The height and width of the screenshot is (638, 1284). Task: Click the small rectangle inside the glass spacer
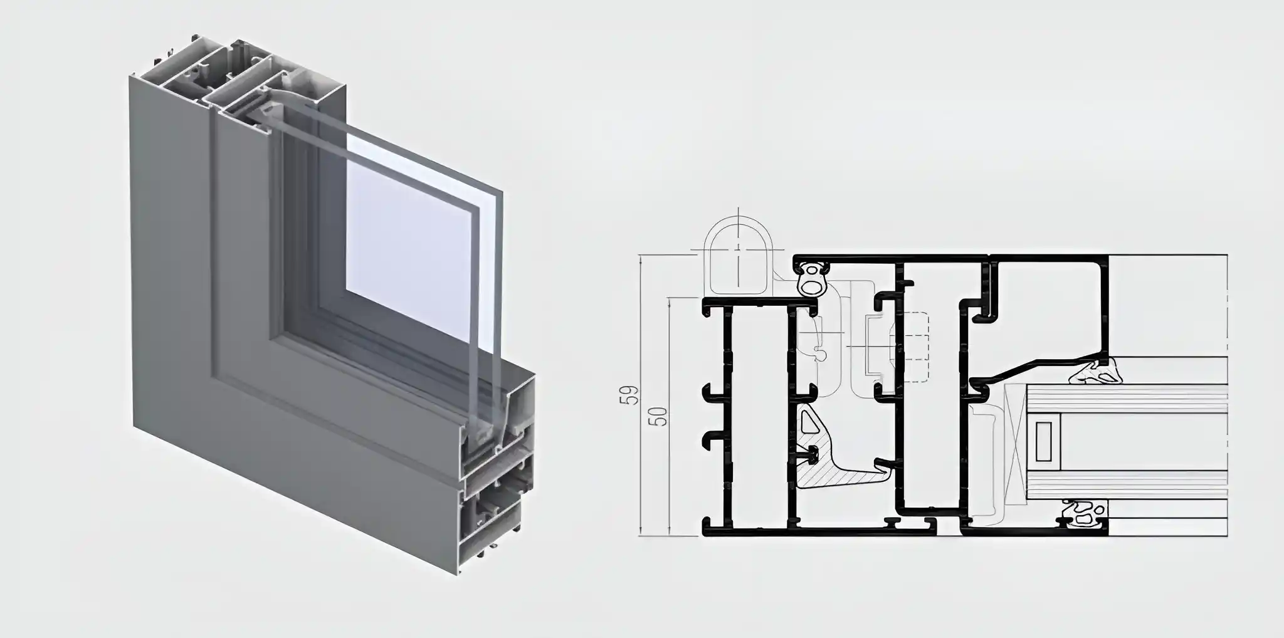pyautogui.click(x=1044, y=442)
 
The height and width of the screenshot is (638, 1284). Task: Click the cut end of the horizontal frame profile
pyautogui.click(x=495, y=483)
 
